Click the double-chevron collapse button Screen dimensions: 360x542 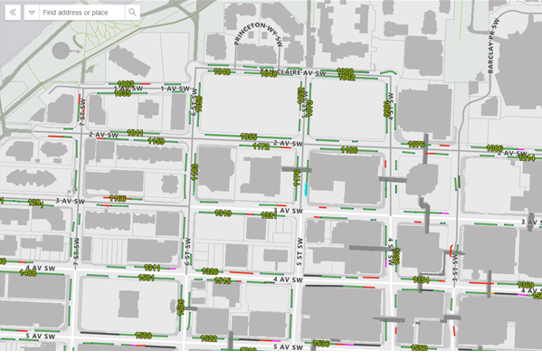click(x=12, y=13)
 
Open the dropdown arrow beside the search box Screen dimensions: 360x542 click(x=31, y=13)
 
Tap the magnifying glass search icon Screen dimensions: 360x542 click(x=132, y=13)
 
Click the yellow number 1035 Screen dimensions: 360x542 click(x=121, y=92)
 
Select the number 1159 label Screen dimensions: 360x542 click(x=156, y=141)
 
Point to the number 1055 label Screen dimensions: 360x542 click(x=249, y=137)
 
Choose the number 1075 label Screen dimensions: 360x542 click(x=416, y=145)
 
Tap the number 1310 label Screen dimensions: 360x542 click(x=223, y=213)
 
